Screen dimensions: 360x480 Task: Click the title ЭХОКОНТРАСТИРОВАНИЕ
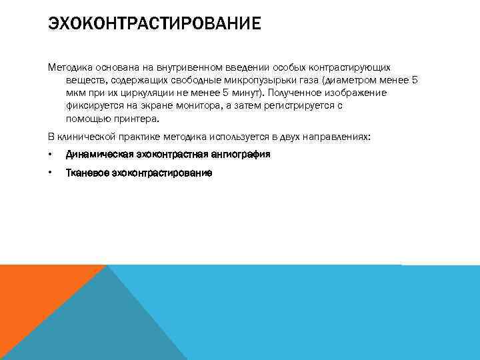point(154,25)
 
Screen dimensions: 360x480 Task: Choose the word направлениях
point(340,137)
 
